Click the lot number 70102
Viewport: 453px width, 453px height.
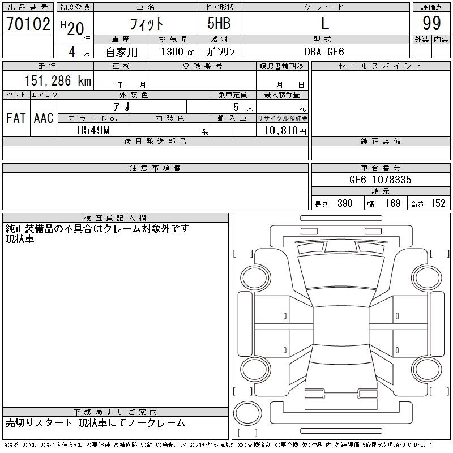[x=28, y=24]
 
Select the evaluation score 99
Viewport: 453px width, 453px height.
[x=431, y=23]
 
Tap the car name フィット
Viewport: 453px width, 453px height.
[x=147, y=24]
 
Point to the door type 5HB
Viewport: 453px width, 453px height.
[x=219, y=23]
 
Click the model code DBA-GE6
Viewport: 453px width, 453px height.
[x=324, y=52]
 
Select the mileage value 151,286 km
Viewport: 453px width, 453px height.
[x=58, y=80]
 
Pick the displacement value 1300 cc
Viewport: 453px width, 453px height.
[x=178, y=52]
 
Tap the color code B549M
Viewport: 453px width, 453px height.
[x=93, y=130]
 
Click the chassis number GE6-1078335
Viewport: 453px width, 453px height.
[x=380, y=180]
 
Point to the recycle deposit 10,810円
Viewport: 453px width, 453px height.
[x=285, y=131]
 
